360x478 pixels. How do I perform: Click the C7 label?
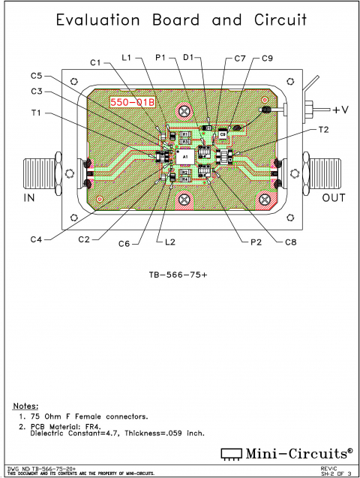(x=240, y=58)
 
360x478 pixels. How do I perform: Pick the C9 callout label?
(x=268, y=58)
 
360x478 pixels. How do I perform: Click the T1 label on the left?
(x=37, y=113)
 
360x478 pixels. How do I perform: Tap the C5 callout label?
(x=37, y=76)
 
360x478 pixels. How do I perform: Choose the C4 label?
(x=37, y=239)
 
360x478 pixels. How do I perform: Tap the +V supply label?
(x=340, y=110)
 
